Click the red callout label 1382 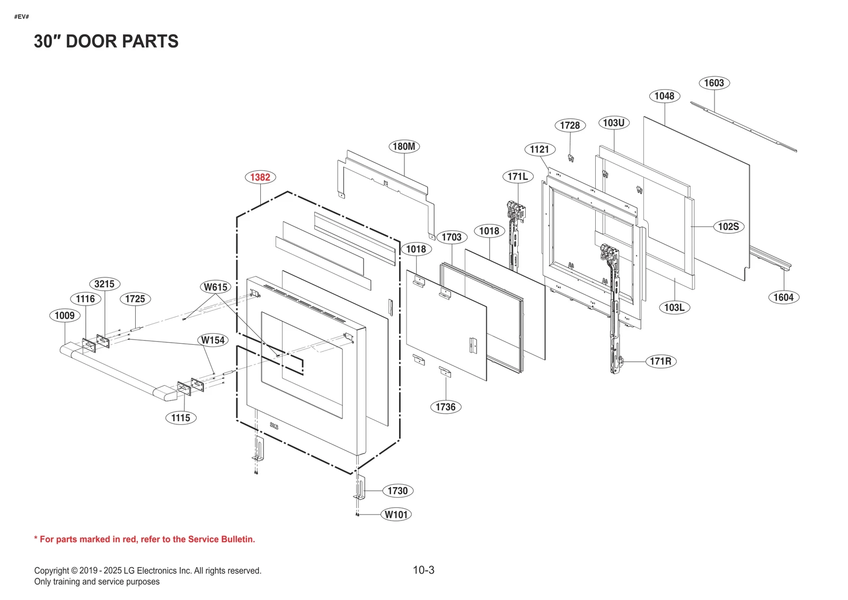coord(260,177)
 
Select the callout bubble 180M coord(404,146)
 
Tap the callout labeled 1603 coord(714,83)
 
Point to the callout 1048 coord(664,96)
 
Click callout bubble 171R coord(660,361)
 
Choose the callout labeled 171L coord(517,176)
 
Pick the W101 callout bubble coord(396,515)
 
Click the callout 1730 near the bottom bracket coord(397,491)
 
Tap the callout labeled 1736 coord(445,407)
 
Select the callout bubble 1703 coord(452,237)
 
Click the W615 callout coord(216,287)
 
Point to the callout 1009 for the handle coord(65,316)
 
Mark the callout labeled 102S coord(728,227)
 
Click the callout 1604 coord(783,297)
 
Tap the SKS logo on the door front coord(273,425)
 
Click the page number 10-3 coord(423,570)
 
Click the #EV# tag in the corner coord(22,17)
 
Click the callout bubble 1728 coord(570,125)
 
